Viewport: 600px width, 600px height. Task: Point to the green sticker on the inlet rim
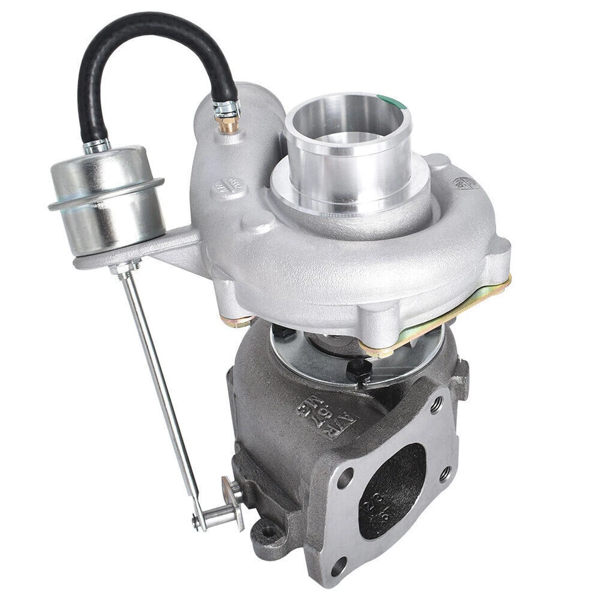tap(392, 102)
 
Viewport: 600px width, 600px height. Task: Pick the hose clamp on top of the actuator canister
tap(97, 147)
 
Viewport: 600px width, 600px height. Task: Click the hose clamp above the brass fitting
tap(227, 110)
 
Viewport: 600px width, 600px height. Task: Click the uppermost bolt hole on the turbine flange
tap(436, 404)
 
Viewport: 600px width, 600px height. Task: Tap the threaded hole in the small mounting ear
tap(269, 531)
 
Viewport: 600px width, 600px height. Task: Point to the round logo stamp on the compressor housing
tap(466, 183)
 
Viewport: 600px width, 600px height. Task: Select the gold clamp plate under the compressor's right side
tap(437, 319)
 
